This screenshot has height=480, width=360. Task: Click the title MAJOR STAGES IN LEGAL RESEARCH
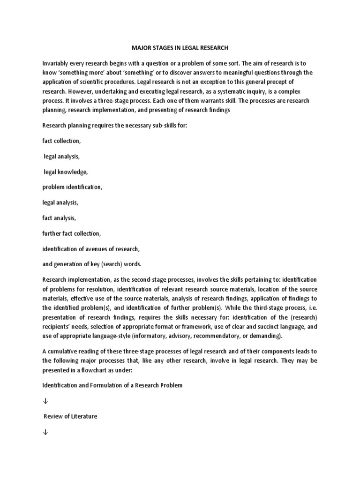[x=180, y=47]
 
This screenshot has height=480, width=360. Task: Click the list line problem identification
[x=72, y=187]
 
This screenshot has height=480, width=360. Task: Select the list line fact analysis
[x=59, y=218]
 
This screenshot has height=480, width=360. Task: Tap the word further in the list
[x=52, y=233]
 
